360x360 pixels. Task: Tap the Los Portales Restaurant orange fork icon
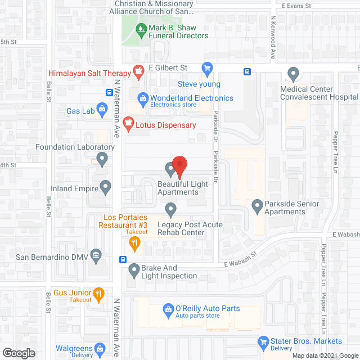click(x=134, y=244)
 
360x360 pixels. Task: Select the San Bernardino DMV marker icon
click(x=96, y=255)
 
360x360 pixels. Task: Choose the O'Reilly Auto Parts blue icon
click(x=168, y=309)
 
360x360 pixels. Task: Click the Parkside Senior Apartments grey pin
click(x=257, y=206)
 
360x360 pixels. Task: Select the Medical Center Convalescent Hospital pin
click(x=292, y=73)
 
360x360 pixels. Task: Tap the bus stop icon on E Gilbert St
click(x=247, y=71)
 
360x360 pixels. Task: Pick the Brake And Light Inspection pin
click(x=134, y=271)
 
